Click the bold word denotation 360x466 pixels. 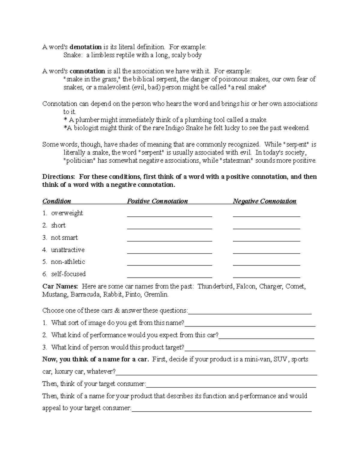(85, 47)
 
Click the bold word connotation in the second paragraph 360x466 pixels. (87, 71)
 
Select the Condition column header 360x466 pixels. (57, 201)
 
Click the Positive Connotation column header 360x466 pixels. (157, 201)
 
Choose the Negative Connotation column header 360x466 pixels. (265, 201)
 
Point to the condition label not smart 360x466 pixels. (64, 238)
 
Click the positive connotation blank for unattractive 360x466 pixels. (169, 252)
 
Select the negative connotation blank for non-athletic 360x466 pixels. (266, 264)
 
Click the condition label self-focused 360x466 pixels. (68, 274)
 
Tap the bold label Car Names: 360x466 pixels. (60, 286)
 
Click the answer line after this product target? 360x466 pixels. (250, 349)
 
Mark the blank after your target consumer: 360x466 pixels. (231, 386)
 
